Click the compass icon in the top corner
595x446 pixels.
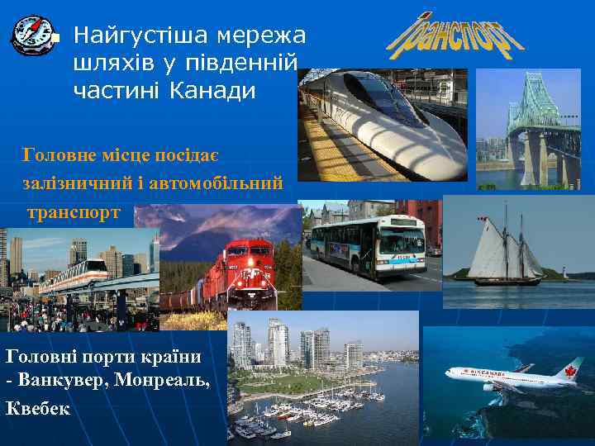click(31, 35)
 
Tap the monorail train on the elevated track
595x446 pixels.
click(74, 273)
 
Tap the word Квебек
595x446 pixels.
click(37, 408)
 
